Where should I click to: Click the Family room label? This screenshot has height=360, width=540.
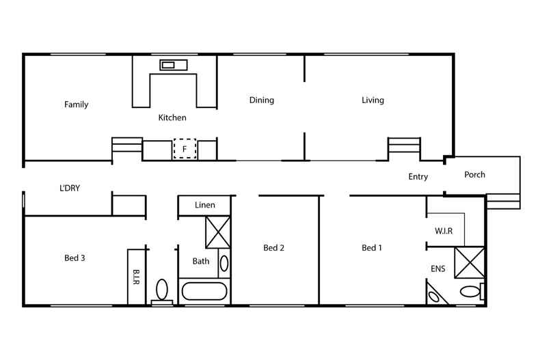point(76,105)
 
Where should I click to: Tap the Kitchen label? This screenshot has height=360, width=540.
point(172,117)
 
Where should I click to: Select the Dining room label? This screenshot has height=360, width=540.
point(261,100)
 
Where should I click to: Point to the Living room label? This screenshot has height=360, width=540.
point(373,100)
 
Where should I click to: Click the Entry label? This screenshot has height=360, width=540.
point(418,177)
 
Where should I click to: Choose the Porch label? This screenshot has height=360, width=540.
point(474,175)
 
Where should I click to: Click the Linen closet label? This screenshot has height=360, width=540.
point(204,205)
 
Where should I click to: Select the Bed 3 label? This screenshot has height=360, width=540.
point(75,258)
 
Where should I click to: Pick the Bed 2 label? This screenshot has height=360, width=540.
point(273,248)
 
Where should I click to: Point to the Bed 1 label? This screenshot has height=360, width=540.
point(372,248)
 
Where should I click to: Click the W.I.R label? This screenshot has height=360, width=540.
point(444,231)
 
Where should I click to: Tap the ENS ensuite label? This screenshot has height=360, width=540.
point(438,268)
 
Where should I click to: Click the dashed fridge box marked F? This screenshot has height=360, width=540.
point(185,148)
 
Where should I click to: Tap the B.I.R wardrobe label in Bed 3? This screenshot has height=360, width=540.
point(135,277)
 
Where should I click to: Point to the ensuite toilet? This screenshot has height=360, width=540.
point(470,292)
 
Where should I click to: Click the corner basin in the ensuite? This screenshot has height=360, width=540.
point(433,296)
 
